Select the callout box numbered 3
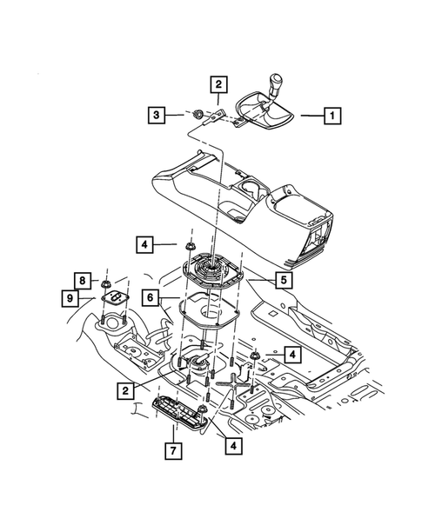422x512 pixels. click(x=156, y=114)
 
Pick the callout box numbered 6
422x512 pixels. click(x=150, y=297)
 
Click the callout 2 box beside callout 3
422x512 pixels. click(x=218, y=85)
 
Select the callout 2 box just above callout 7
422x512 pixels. click(x=127, y=392)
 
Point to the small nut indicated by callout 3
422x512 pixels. click(x=198, y=113)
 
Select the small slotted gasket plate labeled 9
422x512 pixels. click(x=112, y=298)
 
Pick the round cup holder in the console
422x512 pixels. click(x=249, y=188)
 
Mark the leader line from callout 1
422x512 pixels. click(x=310, y=114)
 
